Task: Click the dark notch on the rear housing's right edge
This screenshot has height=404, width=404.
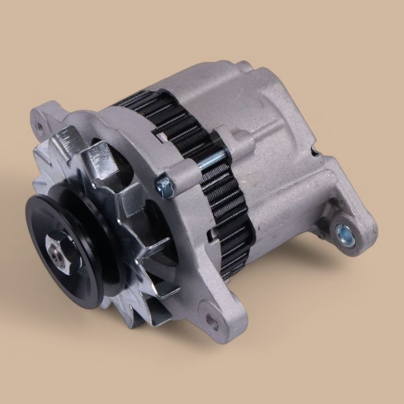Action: tap(314, 152)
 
